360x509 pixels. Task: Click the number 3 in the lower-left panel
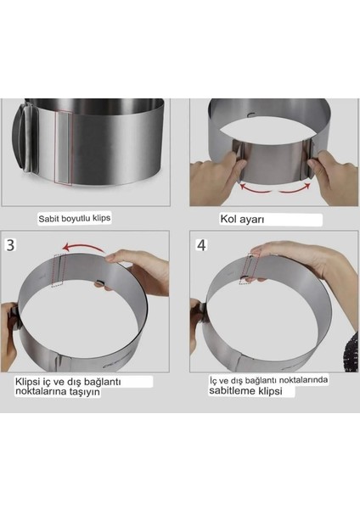tap(11, 245)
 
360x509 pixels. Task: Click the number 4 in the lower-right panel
tap(201, 245)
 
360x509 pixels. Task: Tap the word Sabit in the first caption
tap(48, 219)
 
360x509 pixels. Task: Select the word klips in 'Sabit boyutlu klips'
tap(101, 218)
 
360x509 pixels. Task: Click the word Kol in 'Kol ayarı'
tap(228, 219)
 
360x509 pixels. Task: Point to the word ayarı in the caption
tap(252, 220)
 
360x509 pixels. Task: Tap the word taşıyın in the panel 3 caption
tap(85, 391)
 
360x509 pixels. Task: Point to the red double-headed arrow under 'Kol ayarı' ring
tap(275, 188)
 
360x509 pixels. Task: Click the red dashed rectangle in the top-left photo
tap(64, 148)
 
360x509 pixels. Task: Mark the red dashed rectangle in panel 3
tap(58, 270)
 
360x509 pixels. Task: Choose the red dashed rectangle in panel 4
tap(250, 269)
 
